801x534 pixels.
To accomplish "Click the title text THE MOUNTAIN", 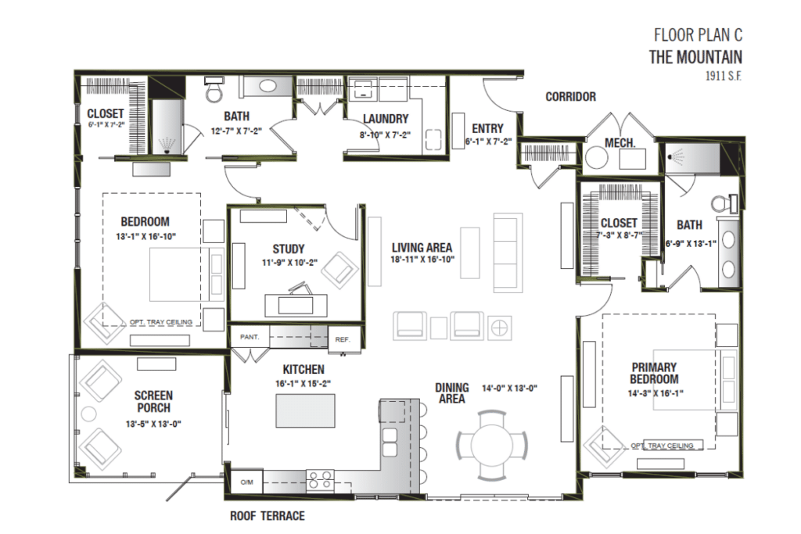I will coord(695,57).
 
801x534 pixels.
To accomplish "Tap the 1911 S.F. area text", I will coord(721,76).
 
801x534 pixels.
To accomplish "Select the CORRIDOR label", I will coord(570,97).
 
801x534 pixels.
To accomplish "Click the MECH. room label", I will coord(620,143).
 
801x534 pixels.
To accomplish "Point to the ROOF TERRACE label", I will coord(267,516).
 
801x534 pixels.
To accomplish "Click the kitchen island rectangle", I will coord(305,410).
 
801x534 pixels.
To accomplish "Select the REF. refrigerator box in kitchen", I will coord(343,339).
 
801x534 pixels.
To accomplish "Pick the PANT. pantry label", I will coord(249,337).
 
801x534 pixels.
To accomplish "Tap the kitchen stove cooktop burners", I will coord(319,478).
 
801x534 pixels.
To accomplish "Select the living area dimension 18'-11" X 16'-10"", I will coord(423,259).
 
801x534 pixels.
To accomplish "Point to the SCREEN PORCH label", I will coord(153,402).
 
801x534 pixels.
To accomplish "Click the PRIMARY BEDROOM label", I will coord(655,373).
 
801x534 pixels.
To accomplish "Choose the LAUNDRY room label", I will coord(386,120).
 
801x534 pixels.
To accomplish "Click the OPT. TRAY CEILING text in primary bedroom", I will coord(661,446).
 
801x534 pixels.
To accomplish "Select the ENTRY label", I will coord(487,129).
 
